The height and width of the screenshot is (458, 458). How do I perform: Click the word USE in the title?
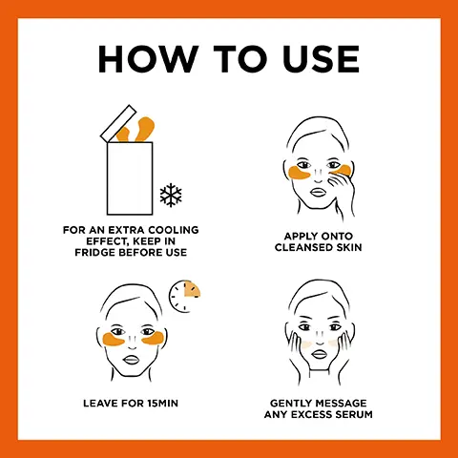[x=319, y=59]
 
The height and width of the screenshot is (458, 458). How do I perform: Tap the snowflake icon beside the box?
[x=172, y=197]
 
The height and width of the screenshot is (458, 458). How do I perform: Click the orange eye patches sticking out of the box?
[x=141, y=129]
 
